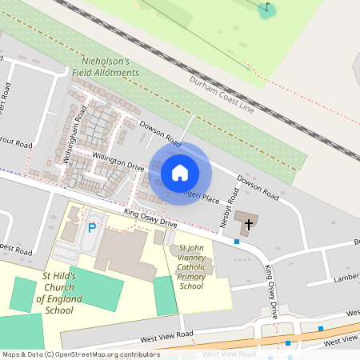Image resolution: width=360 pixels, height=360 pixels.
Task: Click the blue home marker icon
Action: (x=180, y=172)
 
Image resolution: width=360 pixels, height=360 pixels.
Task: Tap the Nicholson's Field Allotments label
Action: (x=110, y=67)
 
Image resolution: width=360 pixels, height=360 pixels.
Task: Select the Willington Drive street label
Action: (x=117, y=161)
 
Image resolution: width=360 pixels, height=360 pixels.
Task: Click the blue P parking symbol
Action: (x=92, y=229)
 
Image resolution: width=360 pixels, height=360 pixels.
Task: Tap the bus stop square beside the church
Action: (x=237, y=241)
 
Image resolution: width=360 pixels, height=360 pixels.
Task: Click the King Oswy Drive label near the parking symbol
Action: (x=150, y=218)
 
